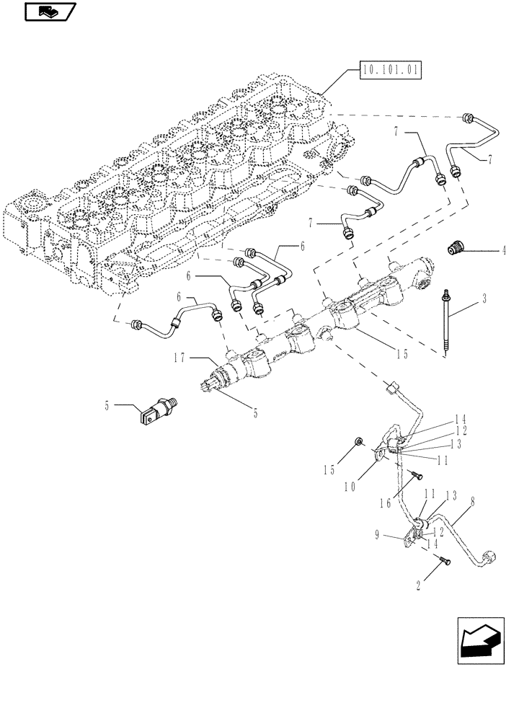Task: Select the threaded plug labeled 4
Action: [x=454, y=248]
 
